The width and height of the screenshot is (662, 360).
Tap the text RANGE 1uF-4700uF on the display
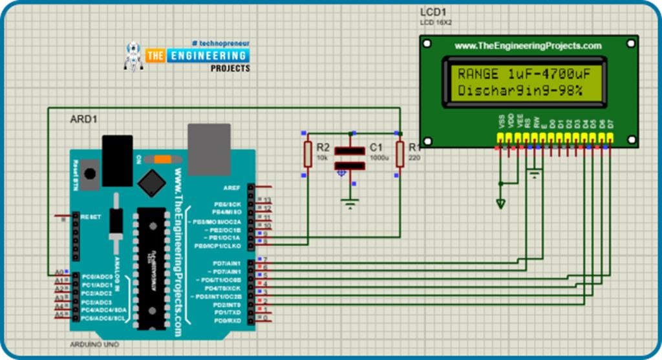[528, 73]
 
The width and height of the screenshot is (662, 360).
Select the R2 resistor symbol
[308, 154]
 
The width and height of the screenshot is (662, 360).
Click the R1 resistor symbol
[400, 154]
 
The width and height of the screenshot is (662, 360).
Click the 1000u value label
[378, 158]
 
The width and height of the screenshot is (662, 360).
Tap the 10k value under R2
[322, 158]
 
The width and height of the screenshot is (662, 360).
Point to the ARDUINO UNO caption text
[94, 344]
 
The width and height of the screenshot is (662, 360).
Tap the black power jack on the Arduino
[117, 160]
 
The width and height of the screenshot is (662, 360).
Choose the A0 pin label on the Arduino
[59, 271]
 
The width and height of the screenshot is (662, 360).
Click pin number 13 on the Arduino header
[266, 200]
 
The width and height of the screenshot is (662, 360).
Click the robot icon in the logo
[134, 56]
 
